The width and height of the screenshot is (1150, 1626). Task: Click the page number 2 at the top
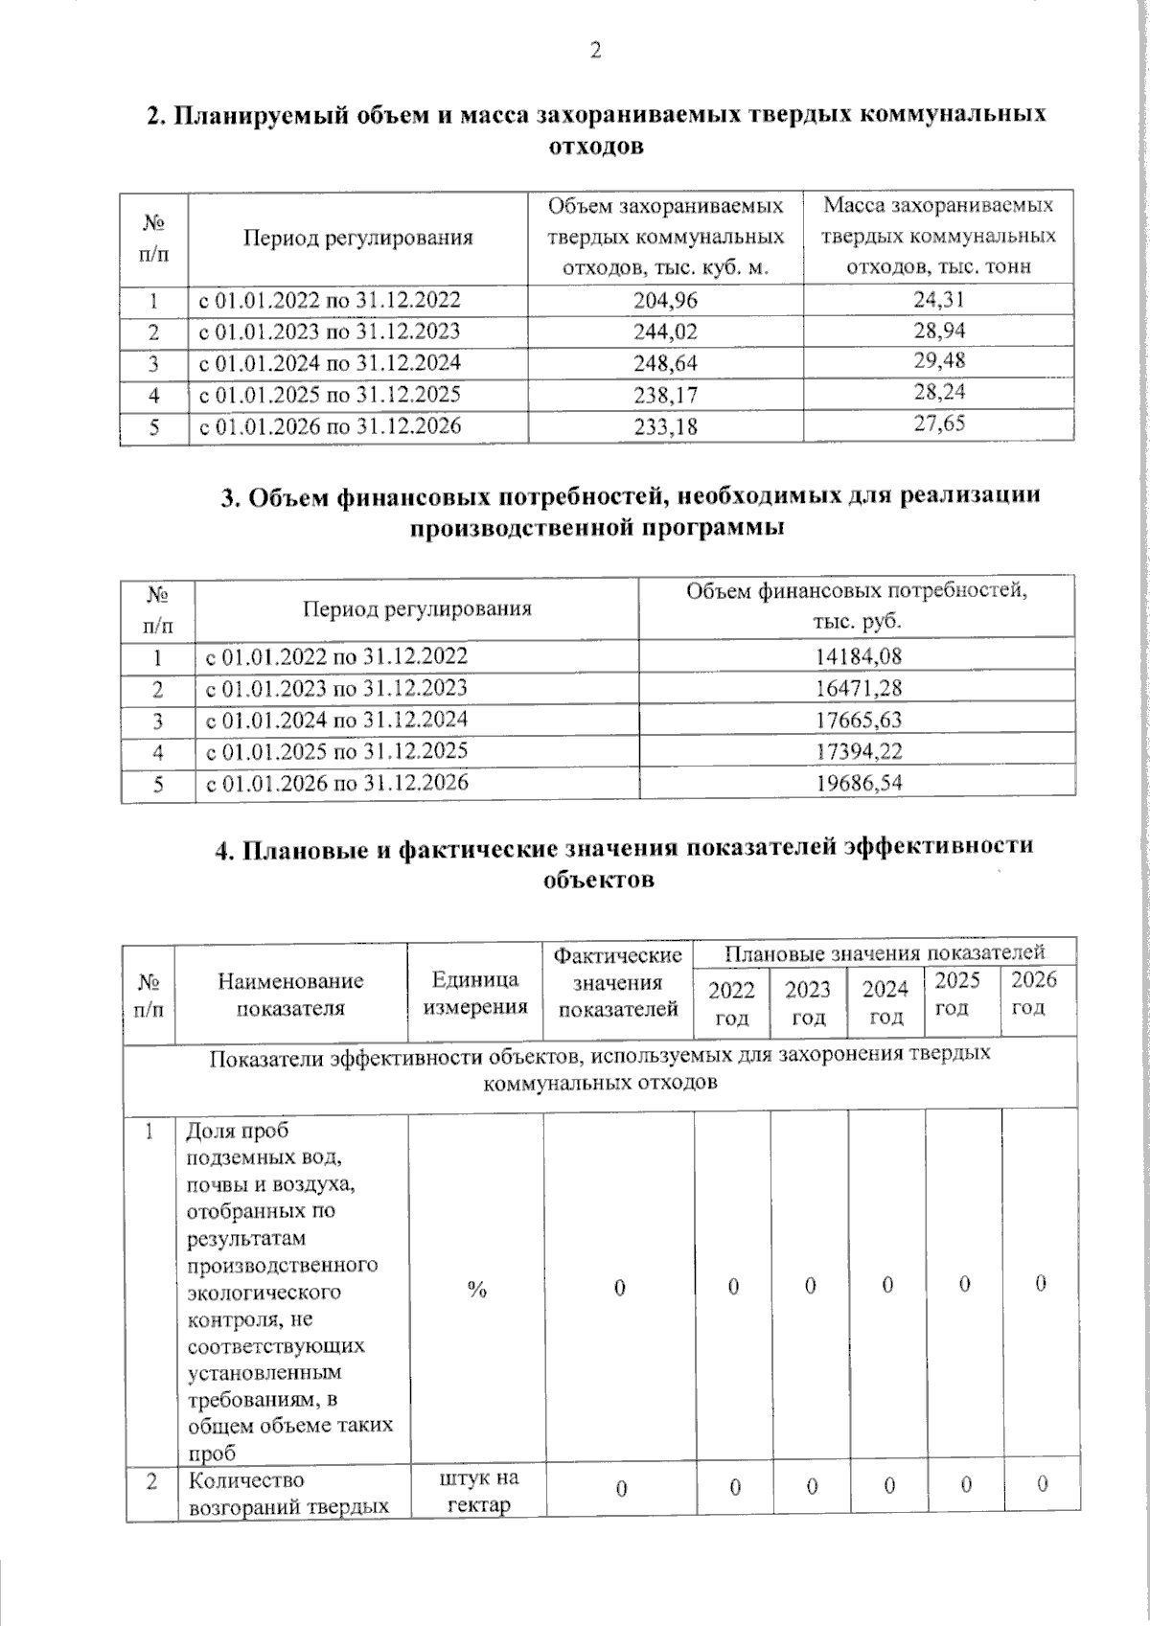click(x=595, y=51)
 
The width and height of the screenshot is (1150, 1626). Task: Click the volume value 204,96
click(x=665, y=300)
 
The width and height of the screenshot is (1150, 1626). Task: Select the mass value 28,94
click(x=938, y=331)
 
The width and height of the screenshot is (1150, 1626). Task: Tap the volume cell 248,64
click(x=665, y=363)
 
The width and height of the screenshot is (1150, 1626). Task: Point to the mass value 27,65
click(x=938, y=423)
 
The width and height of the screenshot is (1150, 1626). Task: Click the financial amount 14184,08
click(x=858, y=656)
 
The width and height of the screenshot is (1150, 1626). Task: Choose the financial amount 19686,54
click(x=858, y=783)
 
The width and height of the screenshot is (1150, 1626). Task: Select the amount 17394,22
click(x=858, y=751)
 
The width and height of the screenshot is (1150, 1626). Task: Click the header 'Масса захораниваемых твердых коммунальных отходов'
click(x=938, y=236)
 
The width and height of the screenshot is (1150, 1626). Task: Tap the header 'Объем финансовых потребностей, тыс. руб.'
click(x=857, y=606)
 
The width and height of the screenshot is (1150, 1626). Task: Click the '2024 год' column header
click(x=885, y=1002)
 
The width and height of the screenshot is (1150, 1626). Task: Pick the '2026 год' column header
click(x=1033, y=993)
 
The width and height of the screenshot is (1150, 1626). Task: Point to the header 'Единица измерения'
click(x=475, y=993)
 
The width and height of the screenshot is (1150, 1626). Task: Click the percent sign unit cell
click(x=476, y=1290)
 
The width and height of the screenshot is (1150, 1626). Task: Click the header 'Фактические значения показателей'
click(x=618, y=982)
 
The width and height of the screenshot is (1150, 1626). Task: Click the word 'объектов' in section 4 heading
click(x=598, y=880)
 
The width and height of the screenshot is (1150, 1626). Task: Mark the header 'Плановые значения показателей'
click(x=884, y=952)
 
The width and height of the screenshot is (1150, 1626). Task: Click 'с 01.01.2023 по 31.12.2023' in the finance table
click(x=336, y=688)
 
